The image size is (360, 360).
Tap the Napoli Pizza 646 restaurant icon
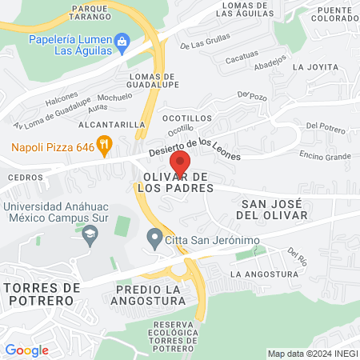[103, 144]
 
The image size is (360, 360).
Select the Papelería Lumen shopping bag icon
[122, 40]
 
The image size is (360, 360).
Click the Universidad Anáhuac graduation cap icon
[90, 233]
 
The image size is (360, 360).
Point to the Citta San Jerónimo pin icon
[154, 238]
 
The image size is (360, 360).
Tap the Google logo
[26, 350]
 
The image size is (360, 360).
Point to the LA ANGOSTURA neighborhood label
[258, 274]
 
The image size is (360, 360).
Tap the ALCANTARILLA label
[111, 125]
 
